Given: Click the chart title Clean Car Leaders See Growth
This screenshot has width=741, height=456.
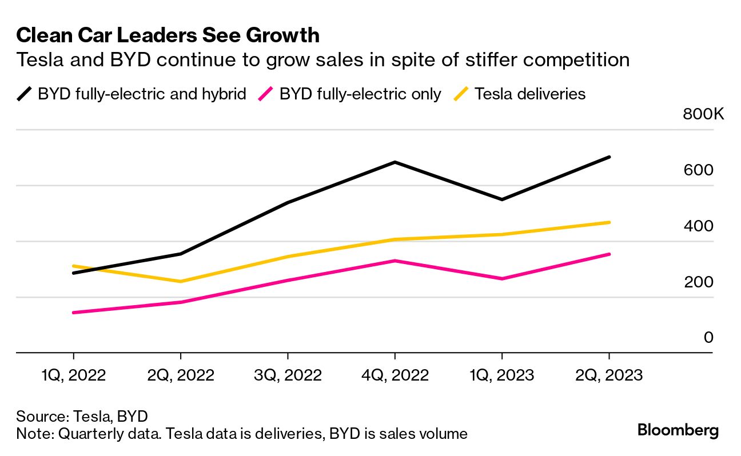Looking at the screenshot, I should (x=168, y=35).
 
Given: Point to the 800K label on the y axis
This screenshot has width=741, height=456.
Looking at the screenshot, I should (x=703, y=114).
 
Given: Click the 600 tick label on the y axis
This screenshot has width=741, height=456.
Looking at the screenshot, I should (x=698, y=170).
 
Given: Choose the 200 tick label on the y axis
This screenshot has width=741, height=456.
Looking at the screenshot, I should (x=698, y=282).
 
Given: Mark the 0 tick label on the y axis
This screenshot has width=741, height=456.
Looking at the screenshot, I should (x=708, y=338).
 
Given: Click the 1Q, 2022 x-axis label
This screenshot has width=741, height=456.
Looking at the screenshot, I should (x=73, y=375).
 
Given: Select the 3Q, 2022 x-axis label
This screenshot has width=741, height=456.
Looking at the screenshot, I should (x=288, y=375).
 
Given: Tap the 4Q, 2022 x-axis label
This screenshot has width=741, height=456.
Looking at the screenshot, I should (x=395, y=375).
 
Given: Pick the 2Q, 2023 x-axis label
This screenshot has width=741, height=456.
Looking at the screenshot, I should (x=609, y=375).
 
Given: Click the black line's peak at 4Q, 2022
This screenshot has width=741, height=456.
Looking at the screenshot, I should (x=395, y=162).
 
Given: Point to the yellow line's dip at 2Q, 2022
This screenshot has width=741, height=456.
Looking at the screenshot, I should (x=181, y=281).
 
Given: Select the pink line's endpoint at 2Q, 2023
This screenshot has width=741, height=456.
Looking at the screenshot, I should (x=609, y=254).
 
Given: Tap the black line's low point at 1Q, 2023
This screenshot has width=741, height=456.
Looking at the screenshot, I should (x=502, y=199).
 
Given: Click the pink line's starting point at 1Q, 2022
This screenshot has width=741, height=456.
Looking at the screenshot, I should (x=73, y=313).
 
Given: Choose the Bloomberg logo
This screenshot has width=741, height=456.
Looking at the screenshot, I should (x=678, y=430).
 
